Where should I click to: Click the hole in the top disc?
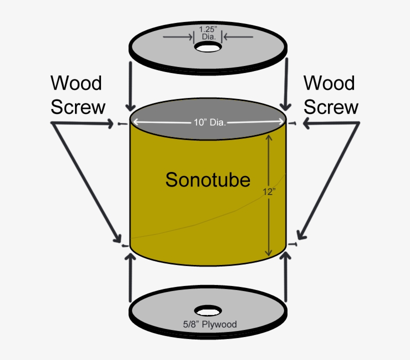click(208, 47)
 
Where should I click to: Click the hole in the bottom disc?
click(208, 310)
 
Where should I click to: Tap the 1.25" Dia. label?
click(208, 32)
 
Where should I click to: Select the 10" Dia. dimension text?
click(209, 121)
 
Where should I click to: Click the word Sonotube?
click(207, 179)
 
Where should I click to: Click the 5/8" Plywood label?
click(209, 324)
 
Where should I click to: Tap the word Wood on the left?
click(76, 83)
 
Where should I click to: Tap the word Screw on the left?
click(78, 107)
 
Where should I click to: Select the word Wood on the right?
click(329, 83)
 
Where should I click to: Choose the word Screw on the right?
click(331, 107)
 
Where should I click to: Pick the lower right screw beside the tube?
click(293, 244)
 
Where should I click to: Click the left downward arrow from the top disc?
click(130, 85)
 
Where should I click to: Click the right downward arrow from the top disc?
click(286, 85)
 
